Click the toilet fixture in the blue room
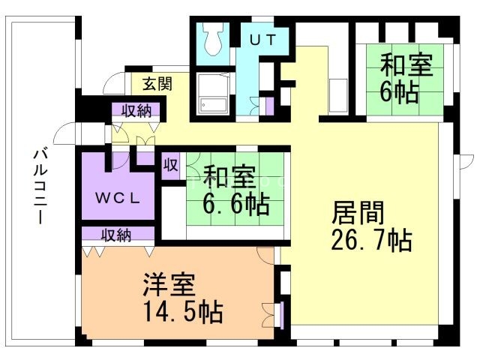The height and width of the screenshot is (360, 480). pos(213,39)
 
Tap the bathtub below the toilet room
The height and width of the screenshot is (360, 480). pos(213,94)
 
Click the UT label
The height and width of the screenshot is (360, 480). pos(263,40)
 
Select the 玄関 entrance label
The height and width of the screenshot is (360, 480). pos(157,83)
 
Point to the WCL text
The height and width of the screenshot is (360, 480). pos(118,198)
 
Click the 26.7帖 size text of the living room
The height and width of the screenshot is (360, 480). pos(371,241)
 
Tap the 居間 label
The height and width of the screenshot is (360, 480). pos(358,213)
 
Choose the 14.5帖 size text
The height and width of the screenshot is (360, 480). pos(183,312)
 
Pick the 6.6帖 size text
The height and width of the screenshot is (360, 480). pos(236,205)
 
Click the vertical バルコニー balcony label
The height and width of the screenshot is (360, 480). pos(40,186)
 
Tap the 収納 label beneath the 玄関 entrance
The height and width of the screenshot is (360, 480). pos(136,110)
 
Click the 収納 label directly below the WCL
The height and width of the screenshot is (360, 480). pos(116,235)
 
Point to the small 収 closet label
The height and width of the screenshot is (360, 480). pos(170,166)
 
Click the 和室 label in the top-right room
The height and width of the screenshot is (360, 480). pos(406,65)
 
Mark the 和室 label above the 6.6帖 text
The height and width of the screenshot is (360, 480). pos(229,177)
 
